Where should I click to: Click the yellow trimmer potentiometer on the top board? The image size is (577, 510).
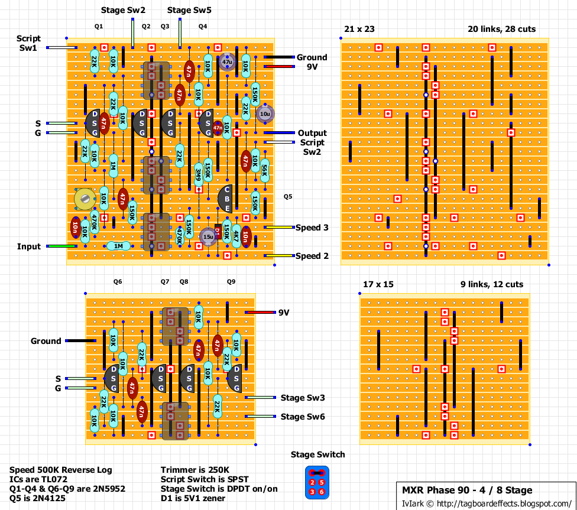(x=85, y=199)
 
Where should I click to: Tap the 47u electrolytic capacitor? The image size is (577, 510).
(x=227, y=61)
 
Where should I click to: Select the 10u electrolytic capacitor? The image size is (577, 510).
(x=264, y=113)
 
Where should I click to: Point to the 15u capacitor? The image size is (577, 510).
(x=208, y=236)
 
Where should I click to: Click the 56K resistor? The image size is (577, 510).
(x=264, y=171)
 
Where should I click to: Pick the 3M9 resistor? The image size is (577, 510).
(x=199, y=174)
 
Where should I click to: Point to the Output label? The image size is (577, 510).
(x=312, y=133)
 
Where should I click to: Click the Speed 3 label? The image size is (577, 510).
(x=312, y=228)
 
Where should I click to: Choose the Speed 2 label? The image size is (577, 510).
(x=312, y=256)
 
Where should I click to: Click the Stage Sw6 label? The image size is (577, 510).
(x=303, y=417)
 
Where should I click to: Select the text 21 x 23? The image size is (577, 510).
(x=359, y=29)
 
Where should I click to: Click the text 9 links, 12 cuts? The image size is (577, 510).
(x=492, y=284)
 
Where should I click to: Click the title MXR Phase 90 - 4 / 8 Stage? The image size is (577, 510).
(x=467, y=490)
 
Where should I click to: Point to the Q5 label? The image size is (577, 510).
(x=288, y=196)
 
